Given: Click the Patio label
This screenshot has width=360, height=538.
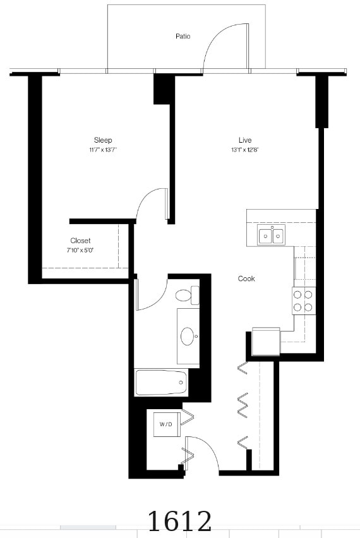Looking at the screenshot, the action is coord(183,36).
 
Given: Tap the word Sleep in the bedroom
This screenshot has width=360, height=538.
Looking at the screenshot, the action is coord(103,140).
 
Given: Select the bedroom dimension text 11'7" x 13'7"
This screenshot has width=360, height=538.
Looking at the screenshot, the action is coord(103,150).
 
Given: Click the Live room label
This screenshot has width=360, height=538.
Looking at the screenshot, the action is coord(245,140).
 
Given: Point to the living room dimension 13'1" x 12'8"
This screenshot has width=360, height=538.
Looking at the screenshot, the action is coord(244,150).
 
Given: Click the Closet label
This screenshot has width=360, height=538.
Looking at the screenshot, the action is coord(80,241).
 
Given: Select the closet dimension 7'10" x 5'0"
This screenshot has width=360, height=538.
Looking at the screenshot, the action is coord(80,250).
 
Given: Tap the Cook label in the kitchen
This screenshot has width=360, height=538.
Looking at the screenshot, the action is coord(246,278).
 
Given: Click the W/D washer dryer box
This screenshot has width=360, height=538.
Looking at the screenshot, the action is coord(167,424).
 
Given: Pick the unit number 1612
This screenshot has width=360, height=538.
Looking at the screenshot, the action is coord(179,521).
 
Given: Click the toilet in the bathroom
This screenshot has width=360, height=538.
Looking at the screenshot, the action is coord(188,295).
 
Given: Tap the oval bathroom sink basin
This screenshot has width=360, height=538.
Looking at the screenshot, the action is coord(188,336).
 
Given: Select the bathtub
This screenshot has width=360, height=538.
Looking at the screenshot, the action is coord(161,382).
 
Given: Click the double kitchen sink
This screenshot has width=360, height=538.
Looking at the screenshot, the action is coord(271,236).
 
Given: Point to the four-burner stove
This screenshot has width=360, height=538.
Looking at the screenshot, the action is coord(304,301).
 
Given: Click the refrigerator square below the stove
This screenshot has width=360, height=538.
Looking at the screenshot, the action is coord(267,342).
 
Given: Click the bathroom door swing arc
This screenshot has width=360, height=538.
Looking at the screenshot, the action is coord(160,299).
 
